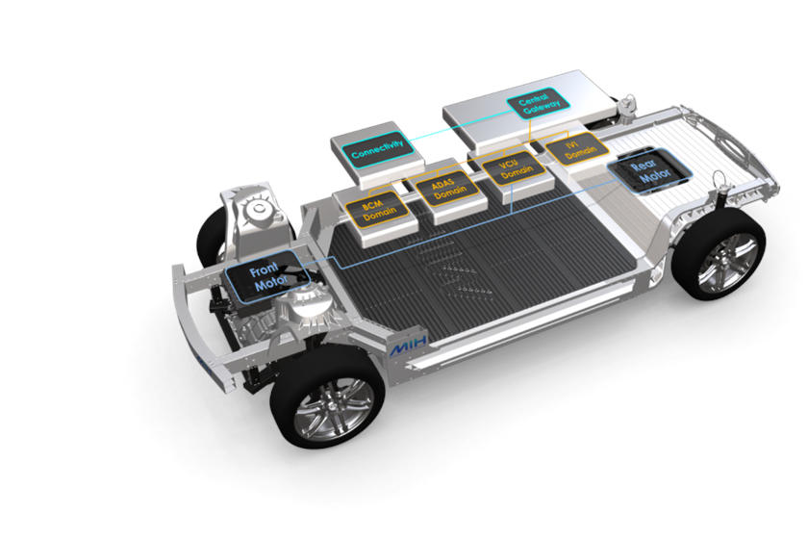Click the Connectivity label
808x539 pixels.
378,149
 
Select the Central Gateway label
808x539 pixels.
538,103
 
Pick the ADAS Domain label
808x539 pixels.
448,189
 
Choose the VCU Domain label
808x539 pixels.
515,168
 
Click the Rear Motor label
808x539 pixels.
648,171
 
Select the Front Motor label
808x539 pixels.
269,277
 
